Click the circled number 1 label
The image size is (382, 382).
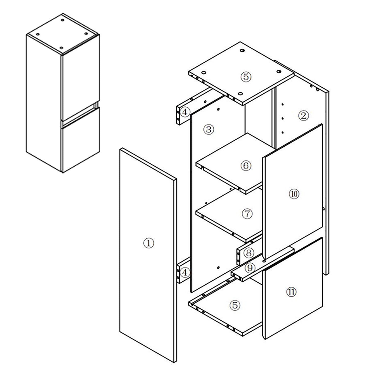click(x=149, y=243)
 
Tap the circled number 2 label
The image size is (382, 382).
click(x=303, y=116)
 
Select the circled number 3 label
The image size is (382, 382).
click(x=209, y=130)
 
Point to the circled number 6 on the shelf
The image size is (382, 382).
click(x=246, y=166)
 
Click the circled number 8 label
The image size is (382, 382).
click(x=249, y=253)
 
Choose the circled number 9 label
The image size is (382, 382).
click(x=250, y=268)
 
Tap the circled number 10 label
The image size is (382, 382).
click(x=294, y=194)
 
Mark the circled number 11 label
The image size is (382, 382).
click(x=291, y=292)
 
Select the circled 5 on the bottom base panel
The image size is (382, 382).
click(x=235, y=305)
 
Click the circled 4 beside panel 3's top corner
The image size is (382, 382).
click(x=185, y=112)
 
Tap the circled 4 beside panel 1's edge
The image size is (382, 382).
click(x=185, y=273)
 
